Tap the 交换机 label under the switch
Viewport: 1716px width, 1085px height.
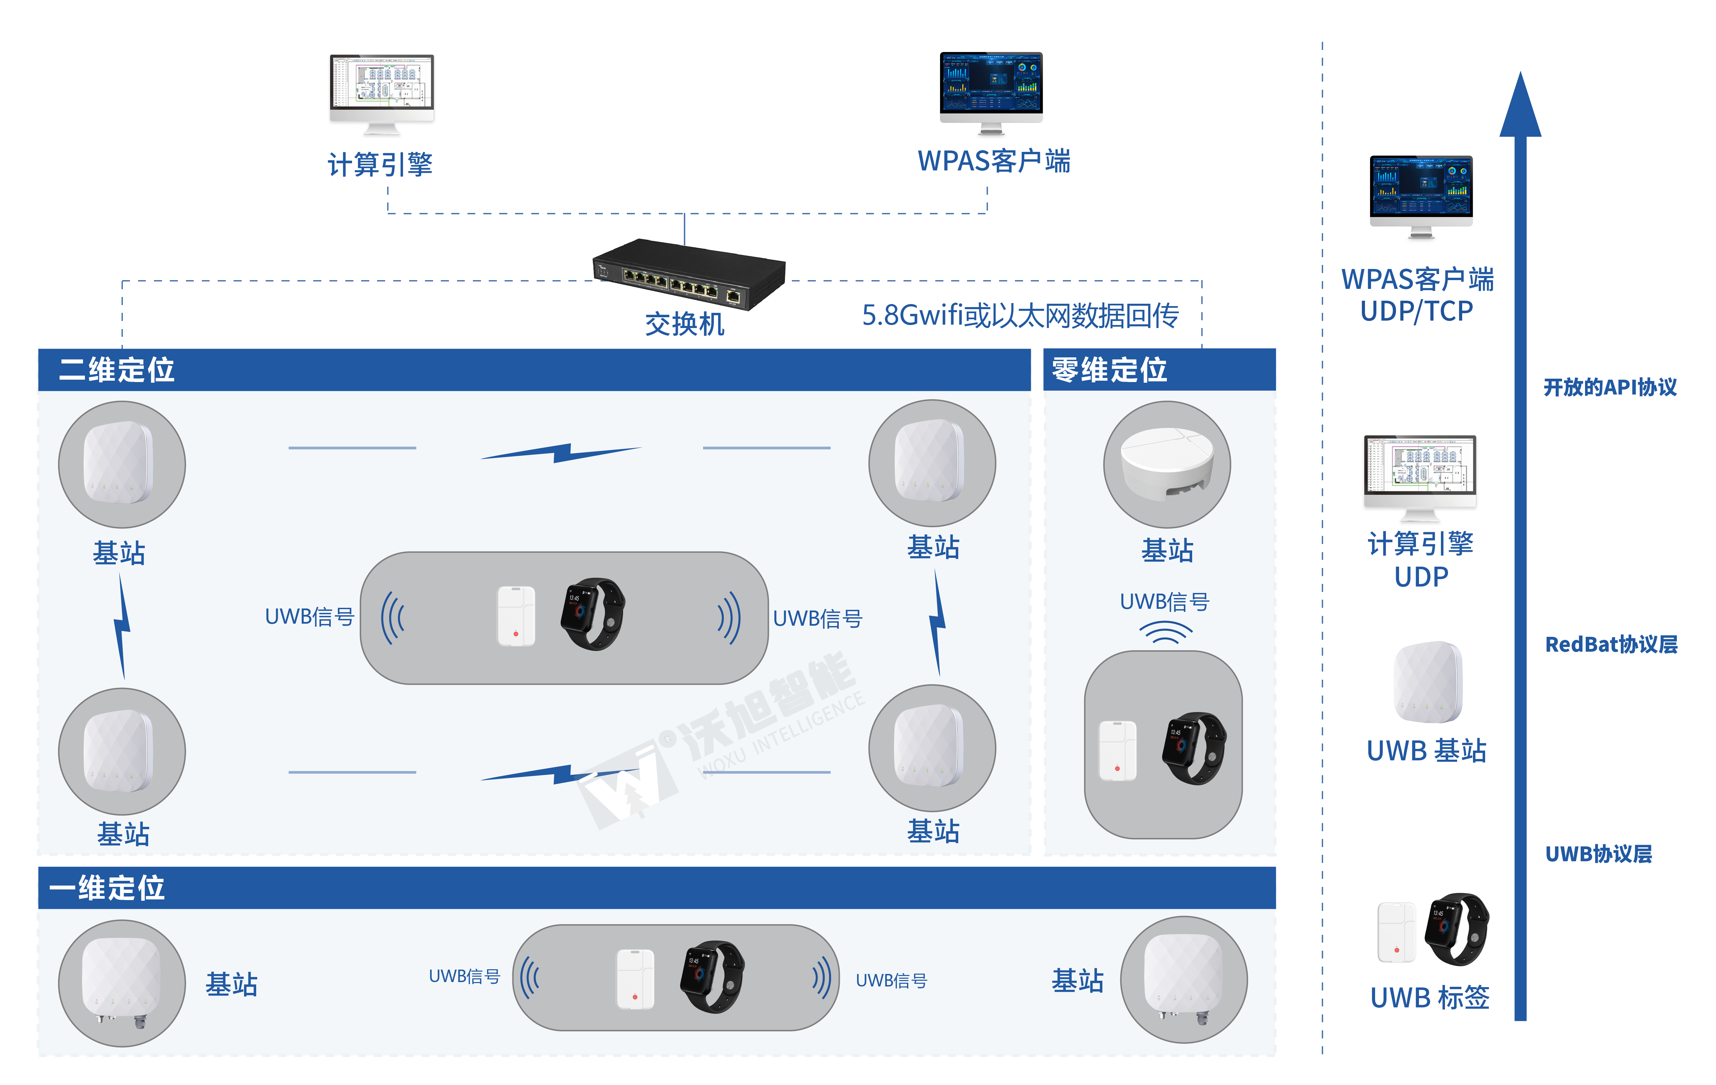(684, 324)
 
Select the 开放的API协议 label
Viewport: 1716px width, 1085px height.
(1610, 387)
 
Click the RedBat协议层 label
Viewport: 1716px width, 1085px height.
(1611, 645)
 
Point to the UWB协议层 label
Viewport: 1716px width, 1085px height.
(1599, 853)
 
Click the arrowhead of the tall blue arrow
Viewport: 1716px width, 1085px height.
(1520, 107)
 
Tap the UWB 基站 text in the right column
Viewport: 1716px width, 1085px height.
(1426, 751)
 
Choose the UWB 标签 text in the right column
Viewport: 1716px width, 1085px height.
(1429, 997)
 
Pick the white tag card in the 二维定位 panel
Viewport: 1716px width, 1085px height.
(516, 616)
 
